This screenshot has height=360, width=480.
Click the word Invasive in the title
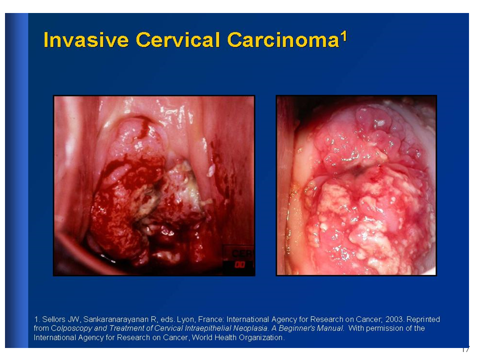pyautogui.click(x=86, y=40)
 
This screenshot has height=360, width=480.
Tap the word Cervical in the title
pyautogui.click(x=178, y=40)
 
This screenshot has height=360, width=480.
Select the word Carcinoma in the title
pyautogui.click(x=283, y=40)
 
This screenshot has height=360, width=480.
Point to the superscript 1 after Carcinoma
pyautogui.click(x=344, y=36)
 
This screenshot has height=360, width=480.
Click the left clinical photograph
pyautogui.click(x=154, y=186)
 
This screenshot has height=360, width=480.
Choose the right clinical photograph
pyautogui.click(x=356, y=185)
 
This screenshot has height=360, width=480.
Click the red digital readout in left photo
pyautogui.click(x=240, y=264)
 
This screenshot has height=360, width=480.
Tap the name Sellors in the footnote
pyautogui.click(x=54, y=319)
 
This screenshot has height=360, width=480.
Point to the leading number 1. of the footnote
pyautogui.click(x=36, y=319)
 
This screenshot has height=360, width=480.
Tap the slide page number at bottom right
pyautogui.click(x=465, y=349)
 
